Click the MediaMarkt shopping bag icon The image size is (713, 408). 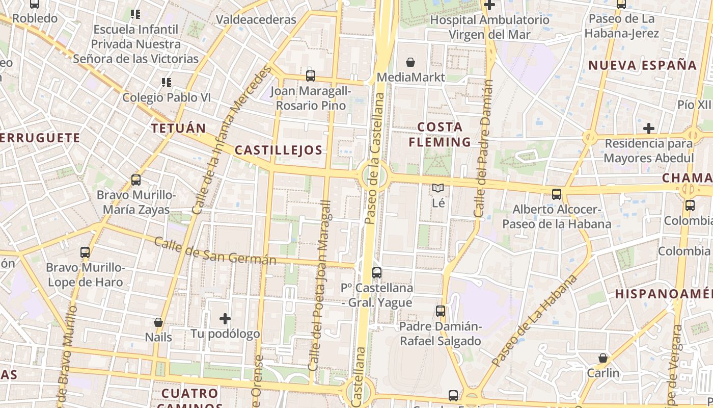(x=410, y=63)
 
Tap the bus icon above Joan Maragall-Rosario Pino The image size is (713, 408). (x=311, y=76)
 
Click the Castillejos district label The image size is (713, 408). (x=279, y=150)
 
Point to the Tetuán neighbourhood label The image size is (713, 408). (x=178, y=128)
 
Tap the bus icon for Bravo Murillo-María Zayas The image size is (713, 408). (x=136, y=180)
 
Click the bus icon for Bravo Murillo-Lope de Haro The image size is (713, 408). (x=85, y=252)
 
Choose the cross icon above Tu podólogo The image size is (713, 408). (x=225, y=319)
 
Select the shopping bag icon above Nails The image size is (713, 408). (x=158, y=322)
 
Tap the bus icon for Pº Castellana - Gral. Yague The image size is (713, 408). (x=377, y=273)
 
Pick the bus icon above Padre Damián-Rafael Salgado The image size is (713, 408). (x=441, y=311)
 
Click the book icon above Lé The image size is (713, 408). (x=438, y=188)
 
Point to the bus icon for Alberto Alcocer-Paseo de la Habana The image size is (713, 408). (x=557, y=194)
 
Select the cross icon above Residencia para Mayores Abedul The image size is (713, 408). (x=649, y=128)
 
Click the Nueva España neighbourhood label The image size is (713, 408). (x=643, y=65)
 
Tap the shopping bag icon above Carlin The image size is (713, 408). (x=603, y=358)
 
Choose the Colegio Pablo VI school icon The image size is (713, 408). (x=166, y=82)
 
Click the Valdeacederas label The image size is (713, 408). (x=256, y=20)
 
